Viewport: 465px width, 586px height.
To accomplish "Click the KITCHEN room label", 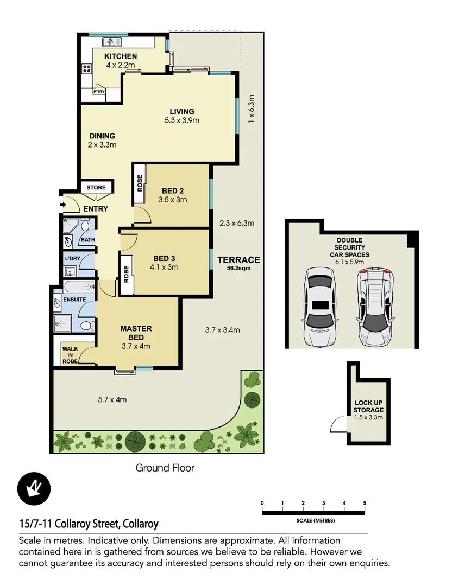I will pyautogui.click(x=121, y=56).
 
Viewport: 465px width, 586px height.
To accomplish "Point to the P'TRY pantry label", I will pyautogui.click(x=99, y=92).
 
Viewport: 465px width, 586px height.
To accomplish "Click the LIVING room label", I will pyautogui.click(x=182, y=112).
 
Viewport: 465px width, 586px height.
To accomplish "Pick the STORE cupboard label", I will pyautogui.click(x=97, y=188).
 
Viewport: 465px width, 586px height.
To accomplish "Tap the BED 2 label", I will pyautogui.click(x=173, y=190).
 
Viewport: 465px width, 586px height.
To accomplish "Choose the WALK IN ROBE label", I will pyautogui.click(x=71, y=355).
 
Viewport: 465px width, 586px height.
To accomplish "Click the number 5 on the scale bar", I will pyautogui.click(x=365, y=503).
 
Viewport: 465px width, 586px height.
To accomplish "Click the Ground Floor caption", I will pyautogui.click(x=165, y=468).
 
